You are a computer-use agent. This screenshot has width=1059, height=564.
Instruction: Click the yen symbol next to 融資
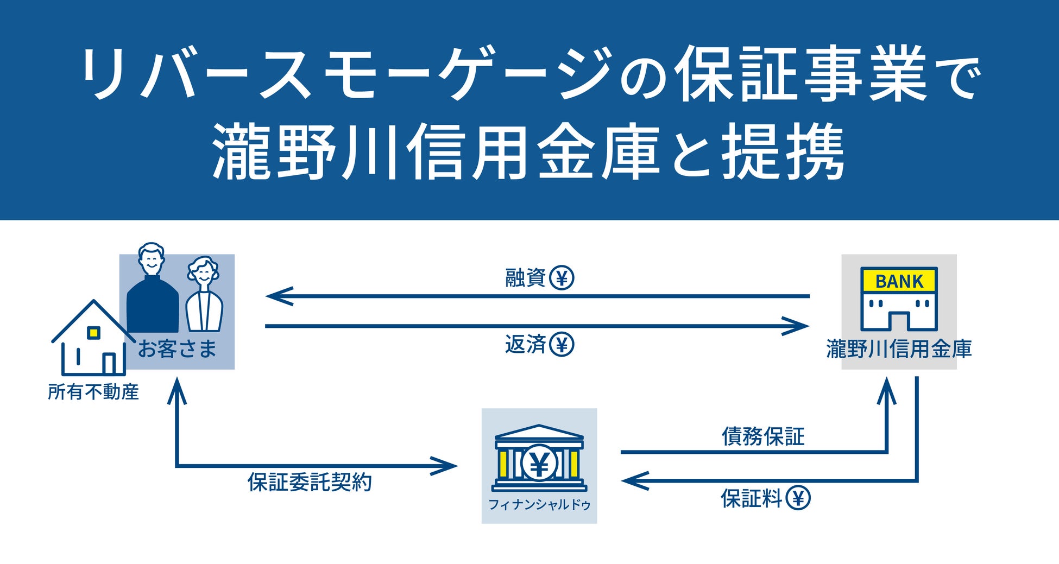point(562,278)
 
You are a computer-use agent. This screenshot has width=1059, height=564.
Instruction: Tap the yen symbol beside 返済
point(562,344)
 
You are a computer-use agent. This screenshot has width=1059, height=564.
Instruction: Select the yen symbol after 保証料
point(798,498)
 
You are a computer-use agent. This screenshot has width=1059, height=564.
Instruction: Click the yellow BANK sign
point(899,281)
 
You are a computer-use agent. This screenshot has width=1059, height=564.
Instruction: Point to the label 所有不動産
point(93,392)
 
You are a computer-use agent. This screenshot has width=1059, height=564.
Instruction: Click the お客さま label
point(177,348)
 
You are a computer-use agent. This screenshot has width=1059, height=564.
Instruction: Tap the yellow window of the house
point(94,332)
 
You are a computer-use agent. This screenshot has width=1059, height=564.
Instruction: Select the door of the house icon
point(109,364)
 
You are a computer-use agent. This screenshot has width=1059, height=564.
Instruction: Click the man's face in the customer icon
point(151,259)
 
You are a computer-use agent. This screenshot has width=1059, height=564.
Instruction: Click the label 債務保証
point(762,436)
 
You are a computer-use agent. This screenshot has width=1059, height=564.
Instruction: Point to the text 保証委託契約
point(310,482)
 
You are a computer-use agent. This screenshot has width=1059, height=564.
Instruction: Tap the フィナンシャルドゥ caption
point(539,505)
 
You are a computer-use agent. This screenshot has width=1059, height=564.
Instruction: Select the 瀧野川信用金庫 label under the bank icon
point(899,349)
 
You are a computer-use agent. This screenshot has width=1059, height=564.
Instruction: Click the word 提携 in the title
point(783,150)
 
